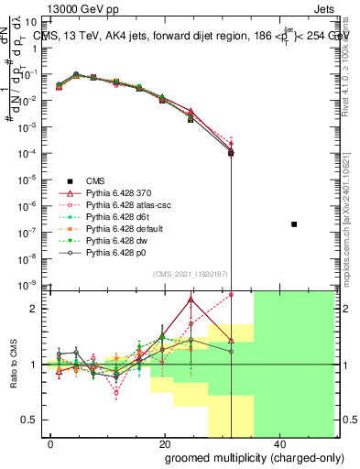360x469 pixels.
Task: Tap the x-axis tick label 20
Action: pyautogui.click(x=165, y=442)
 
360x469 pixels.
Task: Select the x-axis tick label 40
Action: pyautogui.click(x=278, y=442)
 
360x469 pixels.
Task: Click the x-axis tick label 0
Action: pyautogui.click(x=51, y=442)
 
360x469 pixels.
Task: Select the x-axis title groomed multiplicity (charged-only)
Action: pyautogui.click(x=243, y=457)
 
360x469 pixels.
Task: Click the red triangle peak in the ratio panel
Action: pyautogui.click(x=191, y=299)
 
